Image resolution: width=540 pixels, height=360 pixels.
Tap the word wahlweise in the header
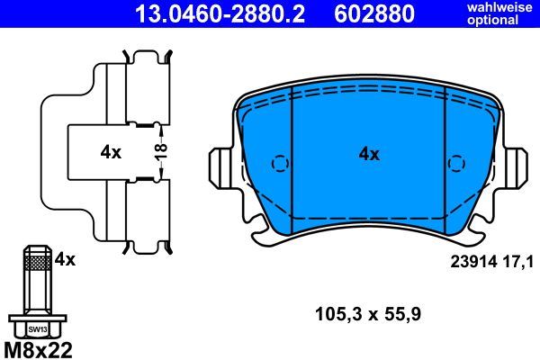(x=498, y=8)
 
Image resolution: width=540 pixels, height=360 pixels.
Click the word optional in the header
(x=498, y=21)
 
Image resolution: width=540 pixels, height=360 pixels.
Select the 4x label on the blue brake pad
(x=369, y=154)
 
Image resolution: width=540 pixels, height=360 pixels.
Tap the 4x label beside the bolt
(x=64, y=260)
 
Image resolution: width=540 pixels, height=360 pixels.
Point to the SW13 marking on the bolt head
(x=36, y=329)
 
